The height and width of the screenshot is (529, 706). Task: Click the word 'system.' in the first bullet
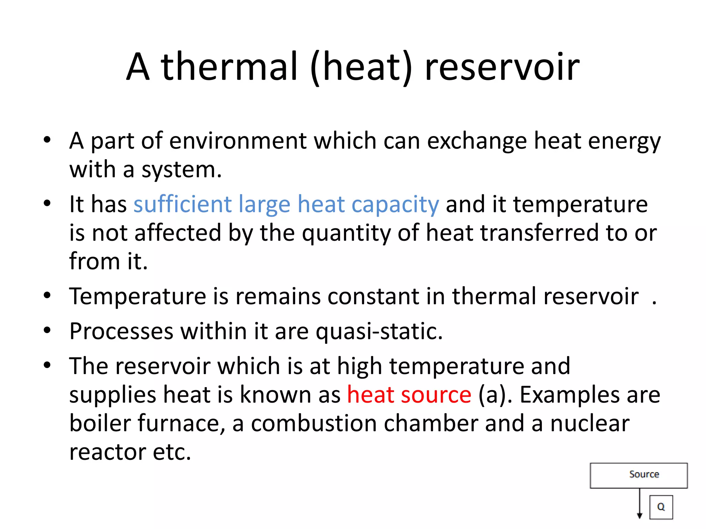pyautogui.click(x=182, y=170)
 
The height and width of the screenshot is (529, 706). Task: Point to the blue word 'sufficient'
pyautogui.click(x=183, y=204)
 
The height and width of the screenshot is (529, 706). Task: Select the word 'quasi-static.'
pyautogui.click(x=379, y=331)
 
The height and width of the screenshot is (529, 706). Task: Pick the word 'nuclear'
pyautogui.click(x=589, y=423)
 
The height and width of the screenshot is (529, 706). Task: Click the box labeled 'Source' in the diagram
pyautogui.click(x=639, y=475)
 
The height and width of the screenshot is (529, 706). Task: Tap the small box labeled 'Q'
pyautogui.click(x=661, y=507)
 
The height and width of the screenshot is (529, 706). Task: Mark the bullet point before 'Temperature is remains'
pyautogui.click(x=47, y=295)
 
